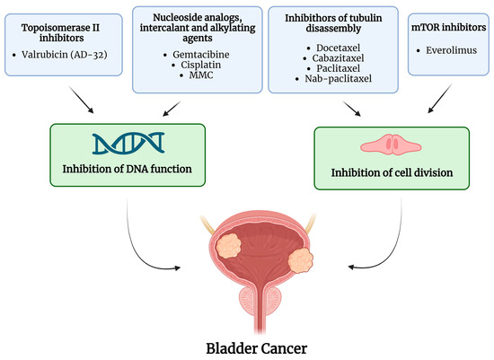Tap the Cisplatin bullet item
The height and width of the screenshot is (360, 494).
(195, 66)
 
